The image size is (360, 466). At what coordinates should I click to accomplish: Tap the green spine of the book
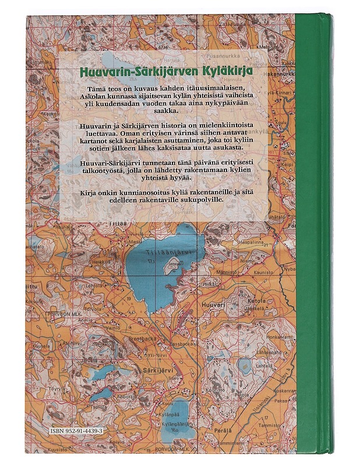(x=311, y=233)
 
